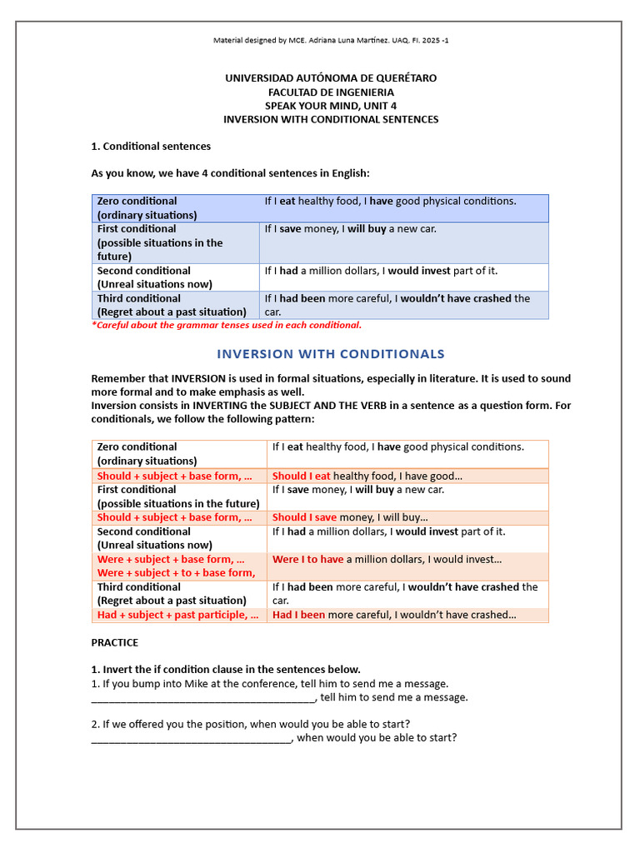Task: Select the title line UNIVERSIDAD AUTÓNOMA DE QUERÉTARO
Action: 331,77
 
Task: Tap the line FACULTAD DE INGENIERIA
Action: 331,92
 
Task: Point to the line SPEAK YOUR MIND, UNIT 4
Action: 331,106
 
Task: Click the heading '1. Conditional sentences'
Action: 151,147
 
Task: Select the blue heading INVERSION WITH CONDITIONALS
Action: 331,354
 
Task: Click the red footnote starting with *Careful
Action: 226,326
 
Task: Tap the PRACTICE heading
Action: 115,643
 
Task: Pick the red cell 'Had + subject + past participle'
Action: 177,615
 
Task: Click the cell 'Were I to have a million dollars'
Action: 387,560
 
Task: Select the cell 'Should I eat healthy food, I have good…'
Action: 367,476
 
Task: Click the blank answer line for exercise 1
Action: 203,698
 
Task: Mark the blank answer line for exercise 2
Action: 192,738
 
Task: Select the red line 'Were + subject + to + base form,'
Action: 176,573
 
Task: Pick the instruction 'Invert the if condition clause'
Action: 225,670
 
